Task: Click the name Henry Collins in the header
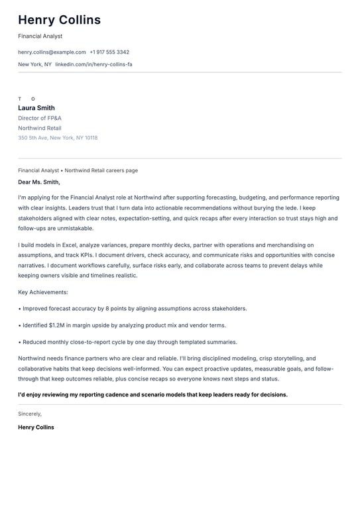59,20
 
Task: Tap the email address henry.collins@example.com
52,52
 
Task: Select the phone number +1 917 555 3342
109,52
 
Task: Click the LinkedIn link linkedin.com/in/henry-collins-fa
93,64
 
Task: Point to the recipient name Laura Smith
36,108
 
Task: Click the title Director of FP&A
40,118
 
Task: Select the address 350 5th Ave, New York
58,138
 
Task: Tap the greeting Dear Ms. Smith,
39,182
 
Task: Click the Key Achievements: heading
43,292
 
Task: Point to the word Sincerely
30,414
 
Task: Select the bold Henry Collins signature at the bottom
36,427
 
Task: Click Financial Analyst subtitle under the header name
40,36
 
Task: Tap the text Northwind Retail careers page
101,170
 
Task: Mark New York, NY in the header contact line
34,64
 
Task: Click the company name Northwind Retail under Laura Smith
40,128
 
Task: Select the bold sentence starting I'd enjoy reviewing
152,394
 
